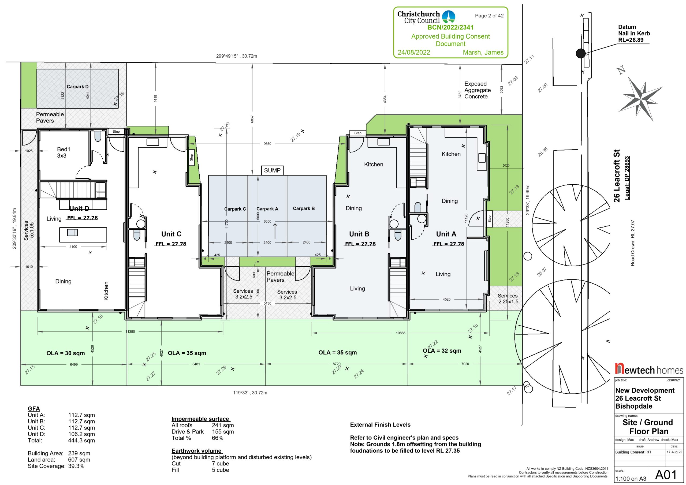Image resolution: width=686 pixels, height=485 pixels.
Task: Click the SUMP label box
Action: point(272,170)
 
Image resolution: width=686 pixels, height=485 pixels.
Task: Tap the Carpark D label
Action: point(77,87)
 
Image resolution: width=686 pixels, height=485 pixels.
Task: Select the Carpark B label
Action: point(304,208)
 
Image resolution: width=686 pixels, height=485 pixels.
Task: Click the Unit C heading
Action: point(171,234)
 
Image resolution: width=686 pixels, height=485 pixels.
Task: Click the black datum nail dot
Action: point(580,54)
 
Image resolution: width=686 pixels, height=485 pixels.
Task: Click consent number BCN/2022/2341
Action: point(450,28)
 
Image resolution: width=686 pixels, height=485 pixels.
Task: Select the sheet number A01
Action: point(666,475)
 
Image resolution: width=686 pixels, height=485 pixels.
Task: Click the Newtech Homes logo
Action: point(649,369)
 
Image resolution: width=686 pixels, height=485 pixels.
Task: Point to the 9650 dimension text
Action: point(267,144)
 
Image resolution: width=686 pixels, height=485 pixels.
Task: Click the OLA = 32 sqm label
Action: point(442,350)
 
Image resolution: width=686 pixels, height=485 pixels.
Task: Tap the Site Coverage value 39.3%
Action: point(76,466)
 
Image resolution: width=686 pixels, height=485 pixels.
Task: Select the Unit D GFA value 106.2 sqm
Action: point(81,434)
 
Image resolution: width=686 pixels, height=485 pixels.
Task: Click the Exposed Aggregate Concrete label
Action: point(478,90)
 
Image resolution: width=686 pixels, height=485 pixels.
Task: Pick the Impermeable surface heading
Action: point(200,419)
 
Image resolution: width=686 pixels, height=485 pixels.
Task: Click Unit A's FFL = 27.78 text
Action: point(449,244)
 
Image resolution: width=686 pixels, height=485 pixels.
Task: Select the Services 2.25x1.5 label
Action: point(508,299)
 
